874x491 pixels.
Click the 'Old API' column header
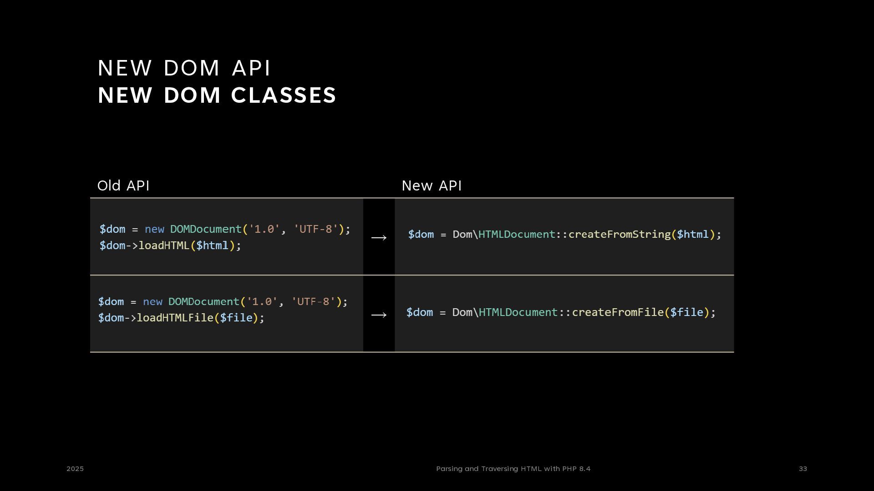[123, 186]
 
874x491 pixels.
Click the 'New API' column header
[432, 186]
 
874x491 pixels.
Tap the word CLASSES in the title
[284, 95]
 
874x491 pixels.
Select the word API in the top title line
[251, 68]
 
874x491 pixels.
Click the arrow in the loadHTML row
[379, 237]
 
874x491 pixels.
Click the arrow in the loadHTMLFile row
[379, 315]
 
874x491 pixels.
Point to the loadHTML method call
[163, 245]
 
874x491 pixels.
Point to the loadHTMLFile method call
[175, 318]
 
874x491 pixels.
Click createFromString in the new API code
[619, 235]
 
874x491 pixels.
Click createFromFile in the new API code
[618, 312]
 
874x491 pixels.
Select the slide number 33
[803, 469]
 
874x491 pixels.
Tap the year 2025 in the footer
[75, 469]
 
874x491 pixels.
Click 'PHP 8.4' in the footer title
[576, 469]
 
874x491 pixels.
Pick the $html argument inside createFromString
[693, 235]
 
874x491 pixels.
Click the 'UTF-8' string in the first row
[316, 229]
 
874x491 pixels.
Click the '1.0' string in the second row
[262, 302]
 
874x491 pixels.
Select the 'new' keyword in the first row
[154, 229]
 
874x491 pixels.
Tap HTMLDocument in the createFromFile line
[518, 312]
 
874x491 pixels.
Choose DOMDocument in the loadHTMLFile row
[203, 302]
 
